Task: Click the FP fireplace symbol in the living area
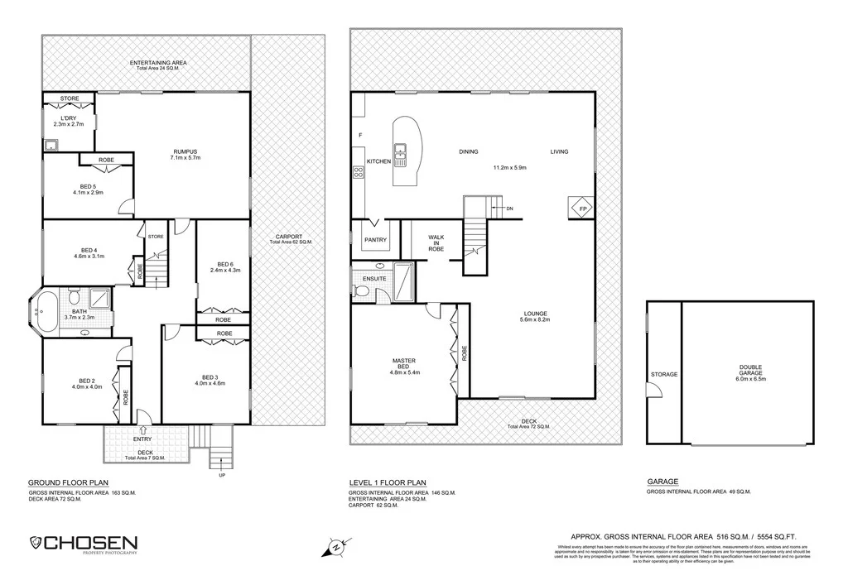(x=577, y=208)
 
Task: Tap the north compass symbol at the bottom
(x=335, y=547)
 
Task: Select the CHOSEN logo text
(x=90, y=543)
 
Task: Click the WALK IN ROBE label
(x=436, y=242)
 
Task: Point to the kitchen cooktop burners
(x=359, y=173)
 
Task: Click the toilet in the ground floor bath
(x=74, y=297)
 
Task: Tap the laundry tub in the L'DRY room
(x=51, y=146)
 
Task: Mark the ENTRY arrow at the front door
(x=145, y=429)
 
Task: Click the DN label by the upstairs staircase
(x=508, y=209)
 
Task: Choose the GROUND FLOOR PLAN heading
(x=68, y=482)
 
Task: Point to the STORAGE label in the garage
(x=664, y=374)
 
